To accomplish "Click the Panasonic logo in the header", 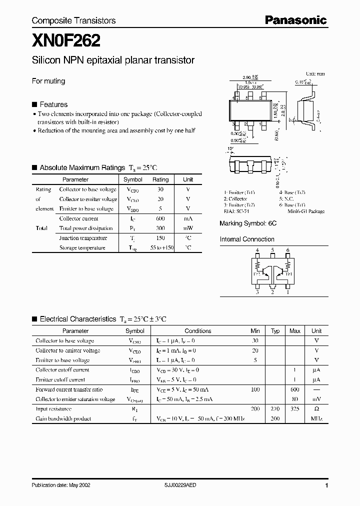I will (x=295, y=20).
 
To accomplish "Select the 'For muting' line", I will (x=48, y=81).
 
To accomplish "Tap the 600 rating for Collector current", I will (x=160, y=218).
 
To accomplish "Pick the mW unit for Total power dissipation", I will (x=188, y=228).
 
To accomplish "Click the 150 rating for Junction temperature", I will (x=160, y=238).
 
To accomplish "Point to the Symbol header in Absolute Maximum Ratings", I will (x=133, y=179).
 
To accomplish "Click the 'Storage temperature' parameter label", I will (x=82, y=247).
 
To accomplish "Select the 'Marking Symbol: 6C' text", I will (x=248, y=224).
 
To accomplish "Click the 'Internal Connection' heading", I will (x=247, y=239).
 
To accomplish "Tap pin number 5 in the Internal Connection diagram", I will (x=272, y=250).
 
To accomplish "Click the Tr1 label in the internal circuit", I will (x=289, y=273).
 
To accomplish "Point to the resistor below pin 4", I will (x=257, y=262).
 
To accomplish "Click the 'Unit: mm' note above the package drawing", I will (x=315, y=73).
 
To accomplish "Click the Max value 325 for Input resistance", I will (x=295, y=409).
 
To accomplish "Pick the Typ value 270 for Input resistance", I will (x=275, y=409).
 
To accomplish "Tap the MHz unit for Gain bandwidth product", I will (x=316, y=418).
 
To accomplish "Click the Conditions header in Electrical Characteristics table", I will (x=198, y=331).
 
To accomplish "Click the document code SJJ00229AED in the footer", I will (x=180, y=485).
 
